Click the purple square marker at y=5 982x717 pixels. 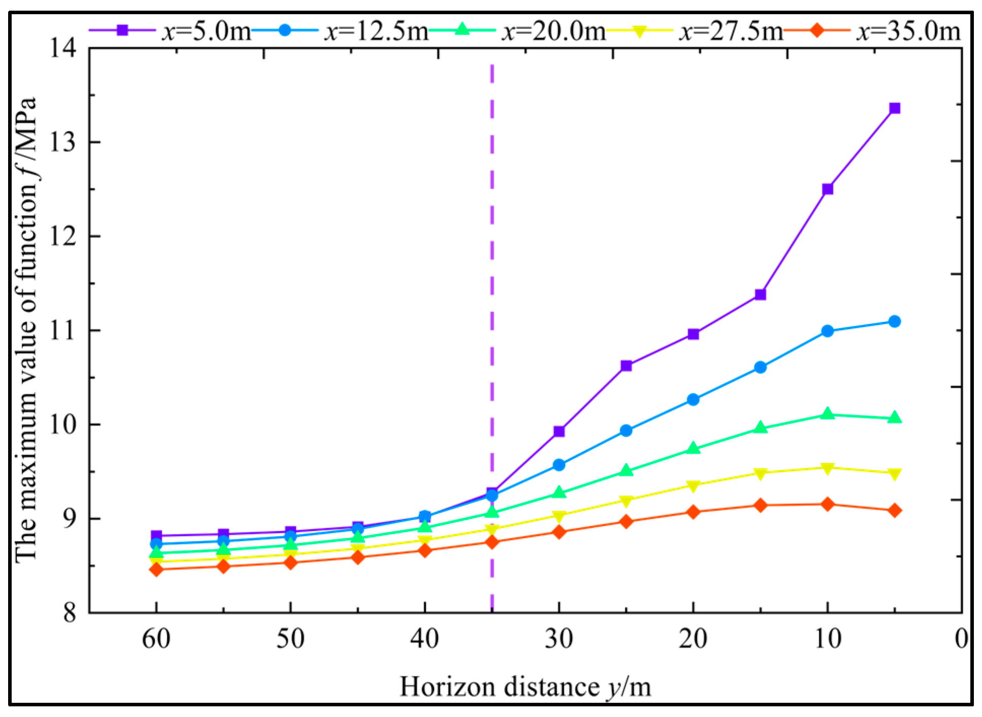pyautogui.click(x=895, y=108)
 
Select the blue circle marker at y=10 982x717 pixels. pyautogui.click(x=827, y=331)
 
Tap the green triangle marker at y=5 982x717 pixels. pyautogui.click(x=895, y=418)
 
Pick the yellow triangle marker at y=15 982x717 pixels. pyautogui.click(x=760, y=473)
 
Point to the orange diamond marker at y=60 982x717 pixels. pyautogui.click(x=156, y=569)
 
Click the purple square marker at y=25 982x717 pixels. pyautogui.click(x=626, y=365)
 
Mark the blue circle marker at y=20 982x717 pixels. pyautogui.click(x=693, y=399)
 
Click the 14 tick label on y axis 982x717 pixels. pyautogui.click(x=62, y=49)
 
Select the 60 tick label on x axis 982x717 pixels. pyautogui.click(x=156, y=639)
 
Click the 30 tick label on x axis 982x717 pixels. pyautogui.click(x=559, y=639)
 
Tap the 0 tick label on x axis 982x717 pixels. pyautogui.click(x=961, y=639)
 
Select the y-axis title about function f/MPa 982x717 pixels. pyautogui.click(x=26, y=330)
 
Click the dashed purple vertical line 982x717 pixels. pyautogui.click(x=492, y=304)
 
